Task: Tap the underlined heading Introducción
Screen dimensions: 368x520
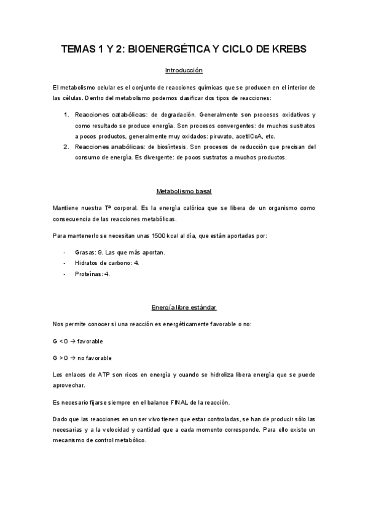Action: (x=184, y=71)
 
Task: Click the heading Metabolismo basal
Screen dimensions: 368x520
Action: (x=184, y=191)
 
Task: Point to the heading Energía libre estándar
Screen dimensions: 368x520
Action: (x=184, y=307)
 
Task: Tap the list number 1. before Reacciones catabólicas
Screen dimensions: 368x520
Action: (x=67, y=115)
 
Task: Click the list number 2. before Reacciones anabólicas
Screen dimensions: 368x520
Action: (x=67, y=147)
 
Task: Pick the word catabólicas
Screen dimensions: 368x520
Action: (x=128, y=115)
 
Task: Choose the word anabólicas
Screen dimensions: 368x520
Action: (x=127, y=147)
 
